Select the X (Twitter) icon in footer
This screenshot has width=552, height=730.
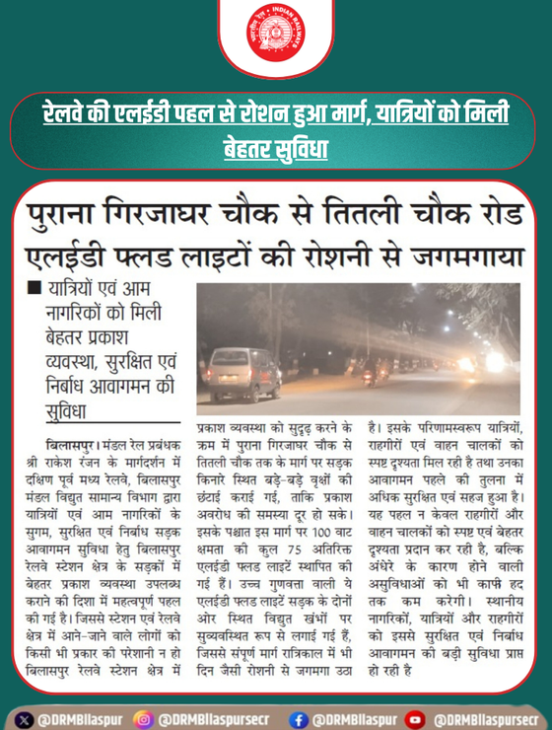tap(25, 718)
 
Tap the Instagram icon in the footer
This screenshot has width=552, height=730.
tap(145, 718)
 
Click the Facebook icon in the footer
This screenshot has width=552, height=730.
tap(299, 718)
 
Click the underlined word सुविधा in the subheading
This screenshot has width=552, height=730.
tap(69, 408)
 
